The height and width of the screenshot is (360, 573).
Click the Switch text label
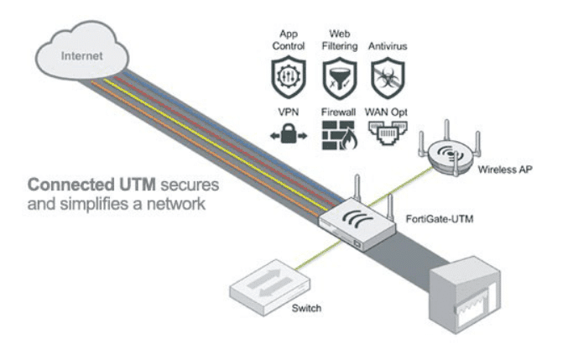tap(307, 308)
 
